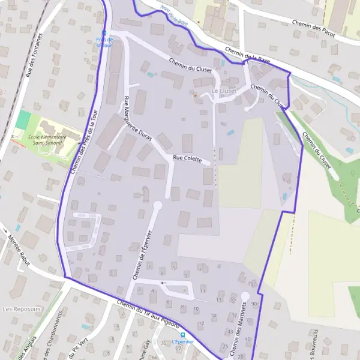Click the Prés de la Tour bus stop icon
[x=104, y=33]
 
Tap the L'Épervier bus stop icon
[x=183, y=335]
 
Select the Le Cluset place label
[x=224, y=91]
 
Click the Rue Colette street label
[x=187, y=158]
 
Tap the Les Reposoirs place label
[x=22, y=309]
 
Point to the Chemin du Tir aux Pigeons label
[x=149, y=313]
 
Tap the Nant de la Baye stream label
[x=173, y=10]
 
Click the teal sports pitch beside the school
[x=23, y=119]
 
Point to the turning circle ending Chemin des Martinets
[x=245, y=296]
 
